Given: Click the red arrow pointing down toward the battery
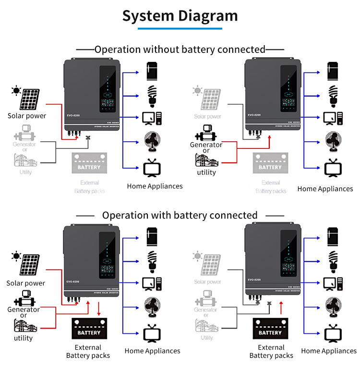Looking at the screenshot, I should [x=99, y=307].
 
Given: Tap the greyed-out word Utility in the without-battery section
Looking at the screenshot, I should [x=25, y=172].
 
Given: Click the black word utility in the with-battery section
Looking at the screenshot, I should [x=23, y=338].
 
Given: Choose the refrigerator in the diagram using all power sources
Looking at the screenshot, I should [x=152, y=236].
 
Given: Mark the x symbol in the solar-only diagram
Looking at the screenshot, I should [x=88, y=138].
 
